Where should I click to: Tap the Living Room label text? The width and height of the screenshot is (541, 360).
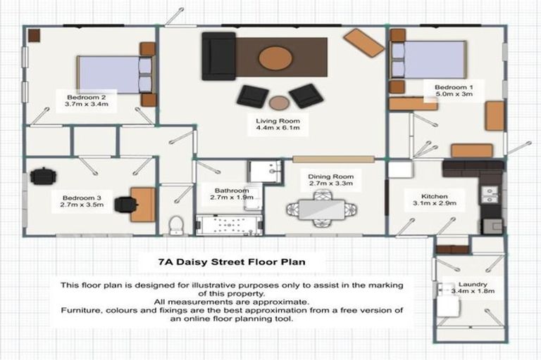coord(278,124)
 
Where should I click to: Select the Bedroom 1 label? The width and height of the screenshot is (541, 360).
coord(448,89)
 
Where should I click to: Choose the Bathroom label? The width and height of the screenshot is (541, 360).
coord(232,194)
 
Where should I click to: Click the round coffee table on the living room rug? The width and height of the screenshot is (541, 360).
coord(275,58)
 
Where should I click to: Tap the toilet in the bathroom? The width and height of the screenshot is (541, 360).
coord(176,225)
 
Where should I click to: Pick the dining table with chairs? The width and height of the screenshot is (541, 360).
coord(321,210)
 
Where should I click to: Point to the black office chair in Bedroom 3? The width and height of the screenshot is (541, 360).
coord(125,204)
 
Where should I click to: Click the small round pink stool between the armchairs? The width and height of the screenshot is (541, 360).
coord(279,103)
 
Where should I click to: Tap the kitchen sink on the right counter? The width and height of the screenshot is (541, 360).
coord(490,193)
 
